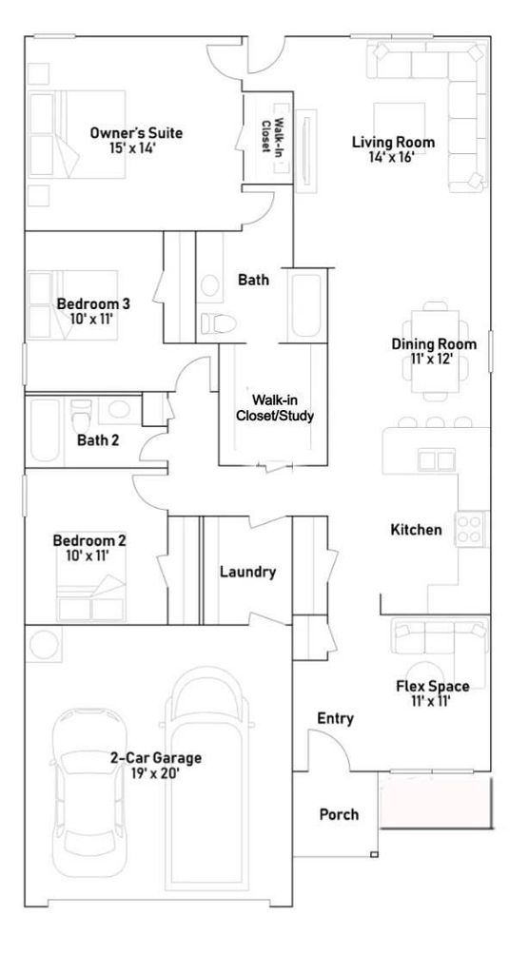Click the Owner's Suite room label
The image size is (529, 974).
coord(136,132)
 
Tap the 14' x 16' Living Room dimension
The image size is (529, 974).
coord(392,157)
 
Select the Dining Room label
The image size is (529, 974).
coord(434,344)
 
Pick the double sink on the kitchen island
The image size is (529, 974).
coord(437,460)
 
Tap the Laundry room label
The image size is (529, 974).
coord(247,572)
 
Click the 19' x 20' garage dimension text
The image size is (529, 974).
coord(156,773)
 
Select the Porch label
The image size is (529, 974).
coord(339,814)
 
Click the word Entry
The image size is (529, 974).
coord(336,719)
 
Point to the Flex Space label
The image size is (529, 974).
coord(433,687)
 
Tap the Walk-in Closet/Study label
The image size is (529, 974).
coord(274,407)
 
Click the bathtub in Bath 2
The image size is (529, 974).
coord(44,430)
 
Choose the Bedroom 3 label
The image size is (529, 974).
coord(93,303)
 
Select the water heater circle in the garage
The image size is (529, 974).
coord(44,645)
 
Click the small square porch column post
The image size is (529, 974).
coord(374,855)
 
